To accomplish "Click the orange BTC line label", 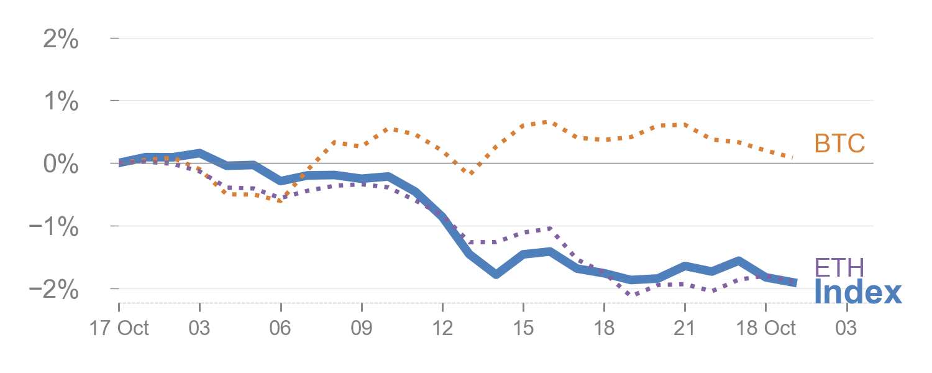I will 839,144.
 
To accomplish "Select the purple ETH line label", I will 839,268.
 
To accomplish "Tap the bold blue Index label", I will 857,292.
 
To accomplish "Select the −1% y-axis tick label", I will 55,227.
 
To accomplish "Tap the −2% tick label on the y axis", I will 55,290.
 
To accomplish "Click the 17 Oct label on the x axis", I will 119,328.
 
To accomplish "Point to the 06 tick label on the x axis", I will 280,328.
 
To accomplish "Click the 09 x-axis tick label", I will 361,328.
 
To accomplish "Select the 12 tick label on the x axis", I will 442,328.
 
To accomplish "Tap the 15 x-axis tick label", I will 523,328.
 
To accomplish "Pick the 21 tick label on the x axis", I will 684,328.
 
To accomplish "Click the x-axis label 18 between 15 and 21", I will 604,328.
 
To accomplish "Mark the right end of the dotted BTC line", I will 793,157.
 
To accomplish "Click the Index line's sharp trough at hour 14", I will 496,274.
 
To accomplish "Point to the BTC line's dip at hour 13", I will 470,173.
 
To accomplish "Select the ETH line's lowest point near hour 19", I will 631,293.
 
